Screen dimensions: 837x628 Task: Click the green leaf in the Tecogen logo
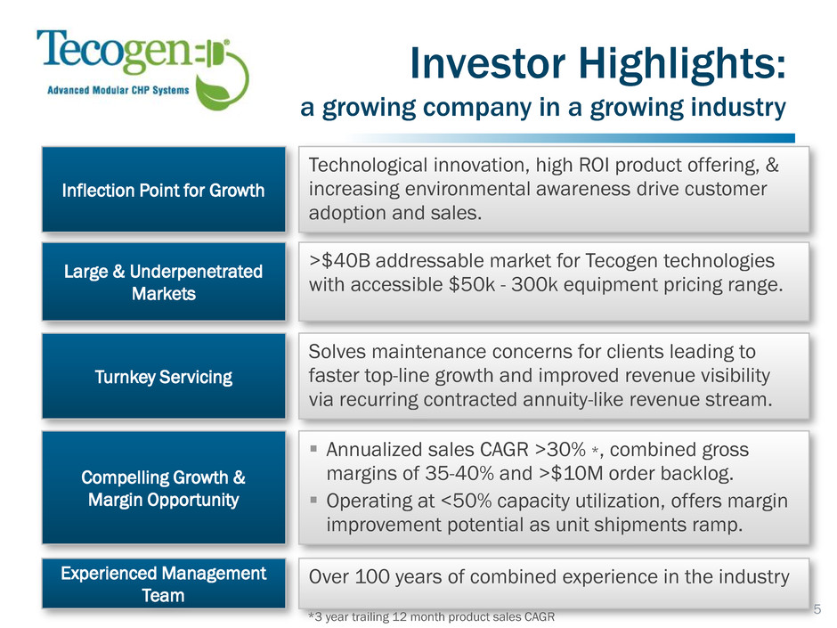pyautogui.click(x=214, y=92)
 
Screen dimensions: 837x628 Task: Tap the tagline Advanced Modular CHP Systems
pyautogui.click(x=118, y=90)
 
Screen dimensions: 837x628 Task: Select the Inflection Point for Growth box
pyautogui.click(x=163, y=190)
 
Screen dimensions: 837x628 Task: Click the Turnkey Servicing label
pyautogui.click(x=163, y=377)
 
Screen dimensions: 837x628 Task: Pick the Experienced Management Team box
pyautogui.click(x=163, y=583)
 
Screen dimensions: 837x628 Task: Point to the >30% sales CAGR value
pyautogui.click(x=560, y=450)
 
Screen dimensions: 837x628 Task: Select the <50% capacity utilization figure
pyautogui.click(x=467, y=501)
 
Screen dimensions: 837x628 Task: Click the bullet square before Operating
pyautogui.click(x=313, y=501)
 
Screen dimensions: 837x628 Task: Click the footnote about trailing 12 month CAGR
pyautogui.click(x=431, y=616)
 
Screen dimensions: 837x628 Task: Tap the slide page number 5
pyautogui.click(x=817, y=608)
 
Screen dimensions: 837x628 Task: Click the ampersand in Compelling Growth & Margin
pyautogui.click(x=240, y=477)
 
